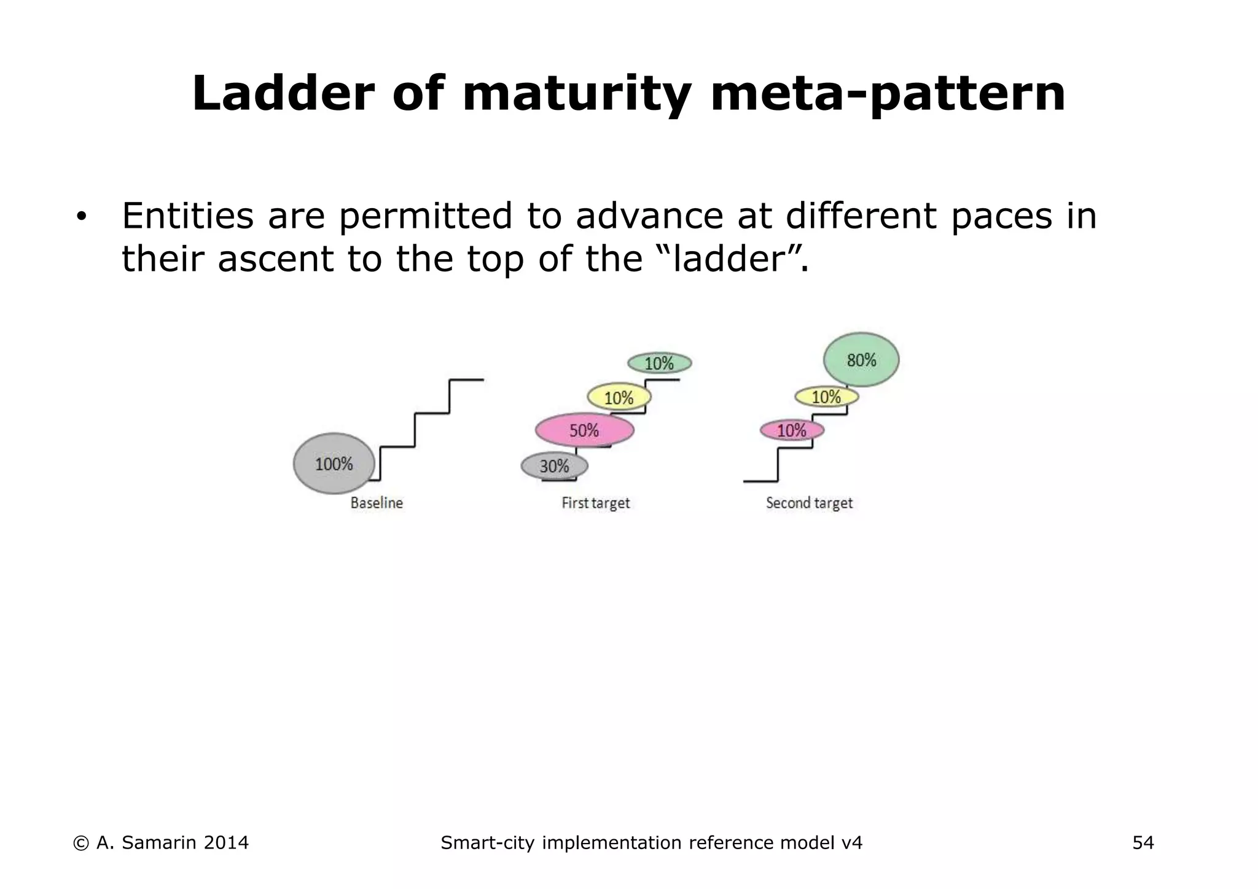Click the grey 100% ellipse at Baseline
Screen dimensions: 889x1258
tap(334, 464)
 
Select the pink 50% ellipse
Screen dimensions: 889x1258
tap(584, 430)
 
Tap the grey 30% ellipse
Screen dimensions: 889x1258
tap(554, 467)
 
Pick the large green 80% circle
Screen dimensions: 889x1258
tap(861, 360)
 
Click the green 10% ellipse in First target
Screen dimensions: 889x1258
tap(659, 363)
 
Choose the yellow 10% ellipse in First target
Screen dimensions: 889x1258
tap(619, 398)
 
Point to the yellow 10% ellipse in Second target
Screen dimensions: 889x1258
tap(826, 397)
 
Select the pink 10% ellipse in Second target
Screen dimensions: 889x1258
tap(792, 430)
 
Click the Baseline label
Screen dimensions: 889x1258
tap(377, 503)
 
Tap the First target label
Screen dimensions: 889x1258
tap(596, 503)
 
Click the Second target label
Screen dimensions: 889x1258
tap(809, 503)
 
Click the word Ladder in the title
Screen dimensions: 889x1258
tap(283, 94)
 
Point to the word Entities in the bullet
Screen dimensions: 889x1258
tap(187, 216)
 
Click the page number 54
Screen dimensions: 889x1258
tap(1143, 843)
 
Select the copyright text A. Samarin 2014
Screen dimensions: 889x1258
tap(161, 843)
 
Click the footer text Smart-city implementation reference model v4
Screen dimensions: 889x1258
tap(651, 843)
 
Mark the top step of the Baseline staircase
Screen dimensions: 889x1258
tap(467, 380)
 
